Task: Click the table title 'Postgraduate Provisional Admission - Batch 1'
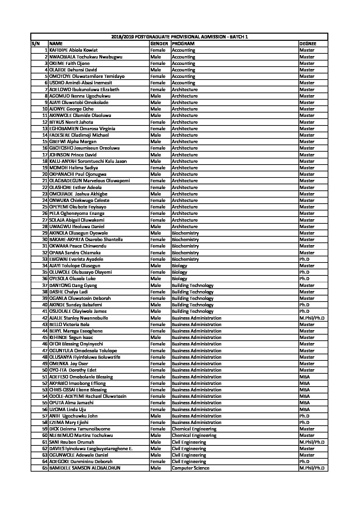(179, 37)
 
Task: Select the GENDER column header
(159, 44)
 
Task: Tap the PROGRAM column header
(183, 44)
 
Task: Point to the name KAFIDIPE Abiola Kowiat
(73, 50)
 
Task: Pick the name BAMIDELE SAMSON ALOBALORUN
(85, 468)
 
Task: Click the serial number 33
(45, 259)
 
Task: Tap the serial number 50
(45, 370)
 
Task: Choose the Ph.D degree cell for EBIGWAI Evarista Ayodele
(304, 259)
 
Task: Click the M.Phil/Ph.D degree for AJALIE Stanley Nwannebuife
(312, 318)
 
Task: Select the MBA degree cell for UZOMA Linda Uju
(305, 409)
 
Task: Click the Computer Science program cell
(191, 468)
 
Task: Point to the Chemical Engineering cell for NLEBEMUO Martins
(194, 436)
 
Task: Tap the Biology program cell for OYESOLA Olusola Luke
(179, 279)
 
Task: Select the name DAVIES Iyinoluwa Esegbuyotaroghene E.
(91, 448)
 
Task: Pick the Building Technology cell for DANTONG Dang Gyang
(193, 285)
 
